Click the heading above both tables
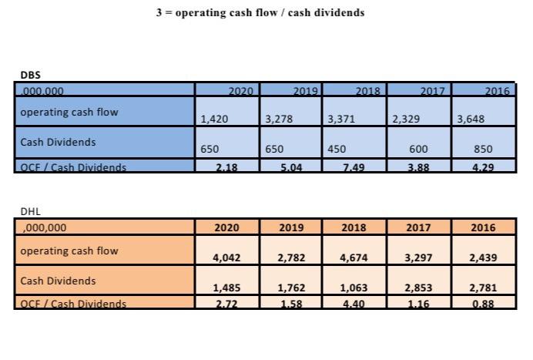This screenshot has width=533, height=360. pyautogui.click(x=260, y=13)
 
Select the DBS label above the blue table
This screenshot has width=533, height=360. pyautogui.click(x=31, y=76)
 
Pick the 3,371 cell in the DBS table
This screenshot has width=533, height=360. pyautogui.click(x=341, y=119)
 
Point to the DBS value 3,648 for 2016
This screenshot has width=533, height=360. pyautogui.click(x=471, y=119)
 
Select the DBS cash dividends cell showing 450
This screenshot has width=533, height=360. pyautogui.click(x=337, y=149)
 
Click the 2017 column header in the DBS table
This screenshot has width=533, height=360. pyautogui.click(x=433, y=91)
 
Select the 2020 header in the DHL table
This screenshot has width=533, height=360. pyautogui.click(x=226, y=227)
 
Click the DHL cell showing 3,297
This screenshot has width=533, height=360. pyautogui.click(x=418, y=258)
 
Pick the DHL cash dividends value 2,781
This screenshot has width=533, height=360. pyautogui.click(x=483, y=288)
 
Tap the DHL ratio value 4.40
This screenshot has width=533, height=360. pyautogui.click(x=354, y=304)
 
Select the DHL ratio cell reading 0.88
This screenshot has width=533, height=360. pyautogui.click(x=483, y=304)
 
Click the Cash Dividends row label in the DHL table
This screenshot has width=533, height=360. pyautogui.click(x=58, y=281)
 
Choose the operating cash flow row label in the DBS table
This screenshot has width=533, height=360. pyautogui.click(x=69, y=112)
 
